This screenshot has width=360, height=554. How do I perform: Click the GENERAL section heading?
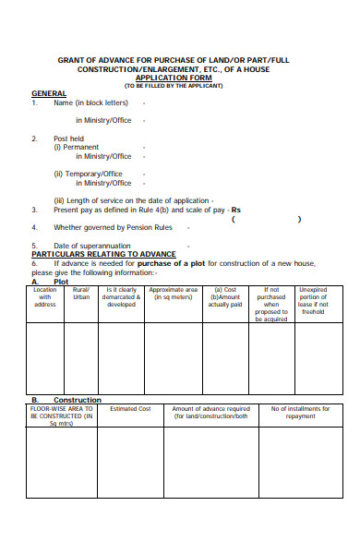49,93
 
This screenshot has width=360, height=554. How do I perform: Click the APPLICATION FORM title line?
180,78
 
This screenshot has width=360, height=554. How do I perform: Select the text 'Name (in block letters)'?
90,103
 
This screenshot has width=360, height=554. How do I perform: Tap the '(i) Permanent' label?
76,147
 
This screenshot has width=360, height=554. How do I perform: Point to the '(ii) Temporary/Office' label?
88,174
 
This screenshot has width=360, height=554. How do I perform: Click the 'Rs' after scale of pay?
235,209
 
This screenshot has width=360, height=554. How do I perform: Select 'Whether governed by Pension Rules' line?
113,227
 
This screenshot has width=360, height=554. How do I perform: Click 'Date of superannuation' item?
91,245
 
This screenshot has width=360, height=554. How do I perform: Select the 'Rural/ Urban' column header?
82,293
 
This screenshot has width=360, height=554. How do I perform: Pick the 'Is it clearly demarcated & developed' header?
122,296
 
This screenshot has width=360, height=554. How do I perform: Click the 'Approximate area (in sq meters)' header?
174,293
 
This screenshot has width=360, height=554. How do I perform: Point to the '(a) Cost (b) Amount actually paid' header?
224,296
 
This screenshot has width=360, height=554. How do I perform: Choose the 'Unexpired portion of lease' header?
314,300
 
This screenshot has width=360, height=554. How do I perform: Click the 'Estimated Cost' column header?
130,408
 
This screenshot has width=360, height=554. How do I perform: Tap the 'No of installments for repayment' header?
300,412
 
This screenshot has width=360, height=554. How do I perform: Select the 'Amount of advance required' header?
210,412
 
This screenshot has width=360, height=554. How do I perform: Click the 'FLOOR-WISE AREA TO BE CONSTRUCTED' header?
62,415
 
